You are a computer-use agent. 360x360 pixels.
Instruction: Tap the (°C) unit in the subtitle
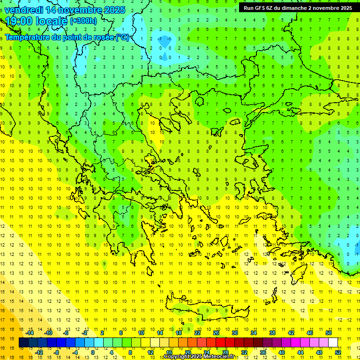[122, 37]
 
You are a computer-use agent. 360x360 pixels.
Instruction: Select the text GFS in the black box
[259, 8]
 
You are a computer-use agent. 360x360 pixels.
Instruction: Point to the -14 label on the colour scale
[30, 333]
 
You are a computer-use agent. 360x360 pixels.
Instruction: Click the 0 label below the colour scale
[92, 352]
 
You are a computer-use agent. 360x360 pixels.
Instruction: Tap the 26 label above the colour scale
[216, 333]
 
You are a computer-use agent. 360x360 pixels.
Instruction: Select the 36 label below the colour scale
[263, 352]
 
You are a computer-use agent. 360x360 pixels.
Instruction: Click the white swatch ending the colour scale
[333, 343]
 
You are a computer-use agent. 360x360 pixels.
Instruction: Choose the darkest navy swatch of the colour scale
[23, 343]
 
